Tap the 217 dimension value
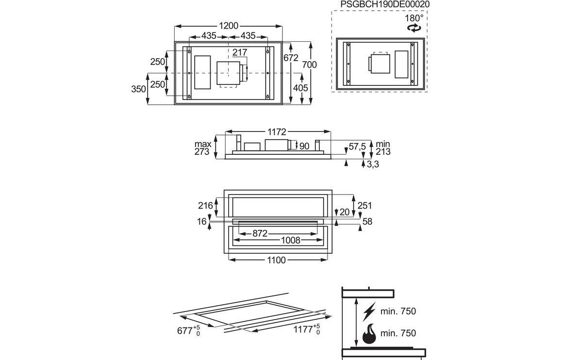point(240,52)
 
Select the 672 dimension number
point(291,58)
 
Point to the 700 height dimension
point(310,65)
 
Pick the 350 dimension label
point(138,89)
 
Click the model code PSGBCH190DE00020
point(385,4)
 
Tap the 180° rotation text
point(414,17)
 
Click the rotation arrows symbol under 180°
point(414,28)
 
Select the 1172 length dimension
point(276,131)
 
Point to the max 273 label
point(202,148)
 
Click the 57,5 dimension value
point(357,147)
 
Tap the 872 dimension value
point(260,233)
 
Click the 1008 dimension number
point(291,240)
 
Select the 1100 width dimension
point(276,261)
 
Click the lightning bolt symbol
point(370,311)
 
